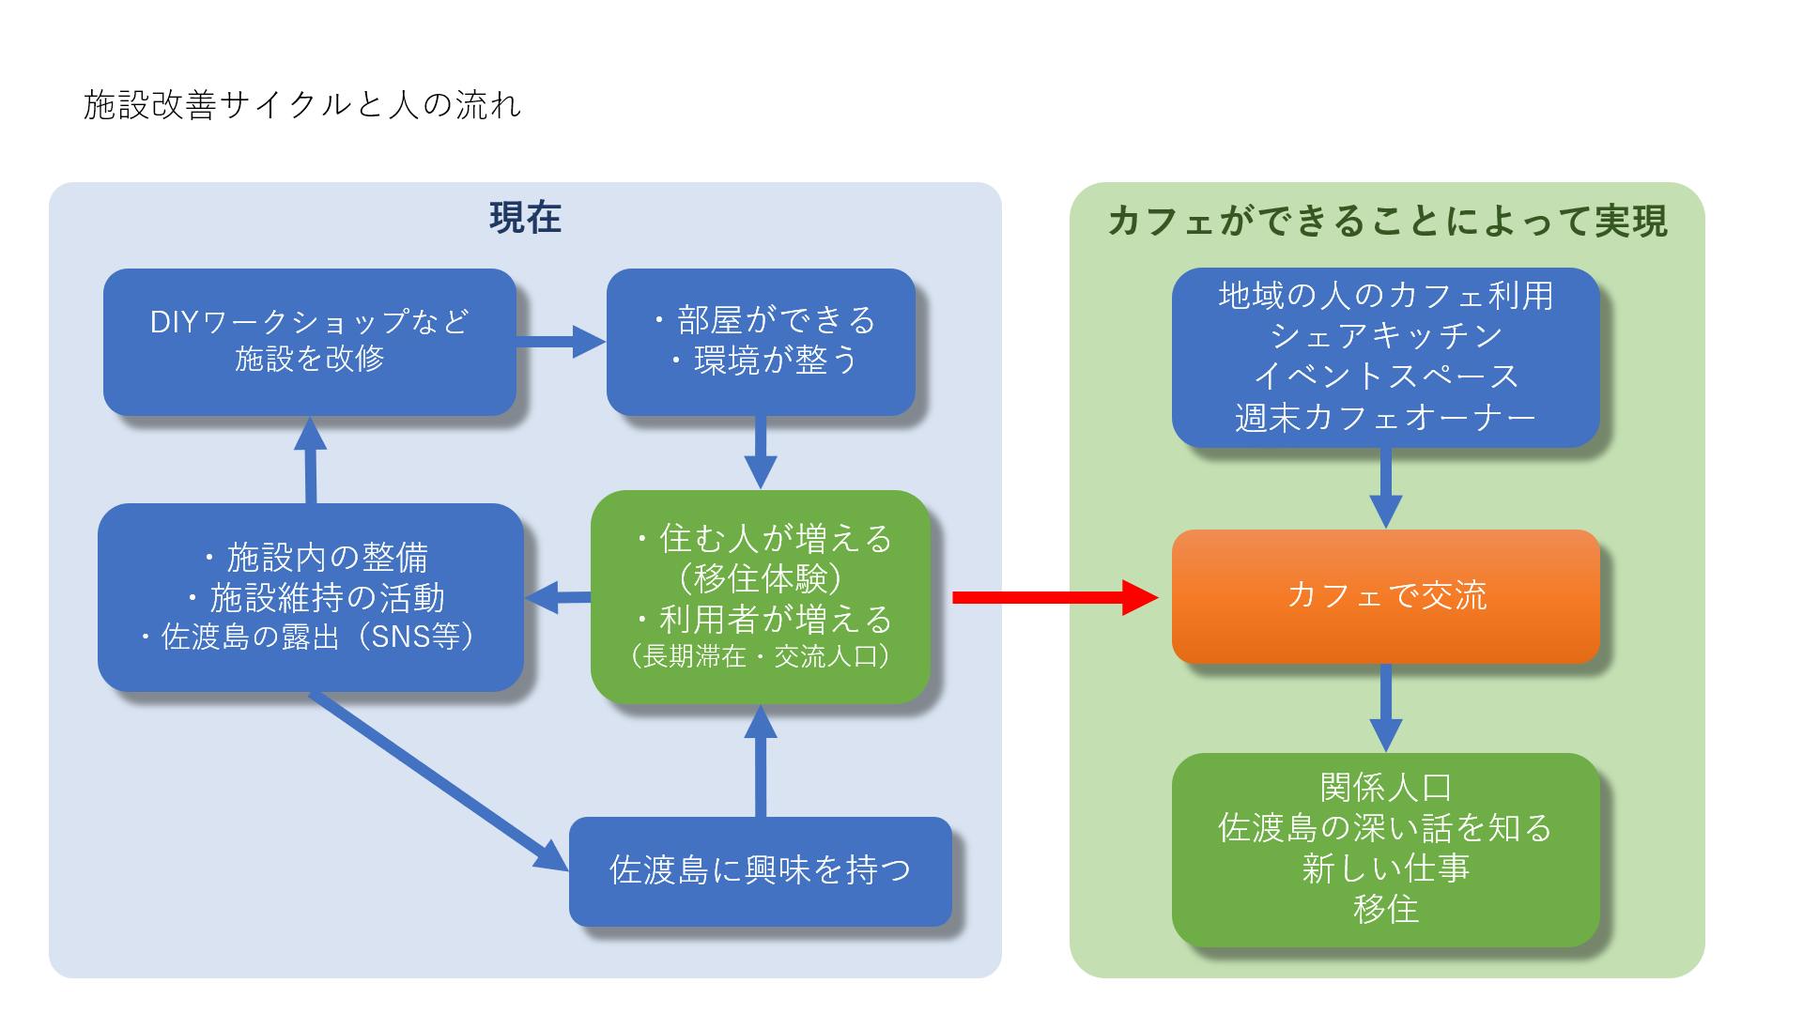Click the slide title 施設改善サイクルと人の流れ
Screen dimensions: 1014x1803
302,105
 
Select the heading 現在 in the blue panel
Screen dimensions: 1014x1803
525,218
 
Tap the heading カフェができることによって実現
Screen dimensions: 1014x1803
1387,222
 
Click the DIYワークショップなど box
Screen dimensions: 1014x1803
310,342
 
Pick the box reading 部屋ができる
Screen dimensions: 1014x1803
761,342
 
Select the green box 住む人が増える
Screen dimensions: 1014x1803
761,597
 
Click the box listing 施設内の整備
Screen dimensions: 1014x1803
310,597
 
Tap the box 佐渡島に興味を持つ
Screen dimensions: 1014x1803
761,871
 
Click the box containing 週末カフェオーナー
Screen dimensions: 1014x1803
1386,357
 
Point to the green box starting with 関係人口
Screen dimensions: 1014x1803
1386,849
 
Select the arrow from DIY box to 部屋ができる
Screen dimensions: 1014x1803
561,342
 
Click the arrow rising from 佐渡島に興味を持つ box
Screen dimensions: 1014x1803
761,760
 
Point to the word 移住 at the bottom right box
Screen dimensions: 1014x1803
1386,909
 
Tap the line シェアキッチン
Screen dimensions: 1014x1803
1386,336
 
